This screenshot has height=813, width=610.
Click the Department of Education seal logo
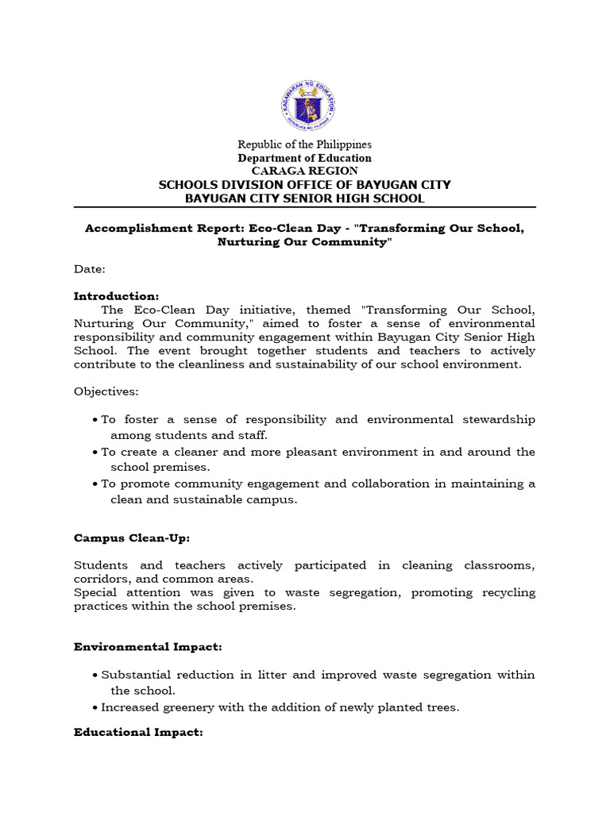click(308, 106)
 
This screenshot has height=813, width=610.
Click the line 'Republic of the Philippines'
click(305, 144)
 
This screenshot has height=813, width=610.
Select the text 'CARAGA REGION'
click(305, 171)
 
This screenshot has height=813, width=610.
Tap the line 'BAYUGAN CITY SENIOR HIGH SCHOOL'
click(305, 198)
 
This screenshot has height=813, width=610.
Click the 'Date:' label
click(89, 269)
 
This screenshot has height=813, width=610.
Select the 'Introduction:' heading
click(117, 296)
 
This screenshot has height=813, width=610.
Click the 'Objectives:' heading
click(106, 391)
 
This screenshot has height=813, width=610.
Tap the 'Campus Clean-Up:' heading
click(132, 538)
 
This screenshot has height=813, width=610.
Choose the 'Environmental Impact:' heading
click(148, 647)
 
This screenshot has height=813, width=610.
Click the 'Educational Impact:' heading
click(138, 732)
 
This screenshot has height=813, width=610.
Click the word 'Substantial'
click(134, 675)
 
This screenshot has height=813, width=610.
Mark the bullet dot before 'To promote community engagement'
click(95, 484)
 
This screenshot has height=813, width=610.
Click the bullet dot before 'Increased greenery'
click(95, 707)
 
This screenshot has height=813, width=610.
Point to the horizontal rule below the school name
click(305, 208)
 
